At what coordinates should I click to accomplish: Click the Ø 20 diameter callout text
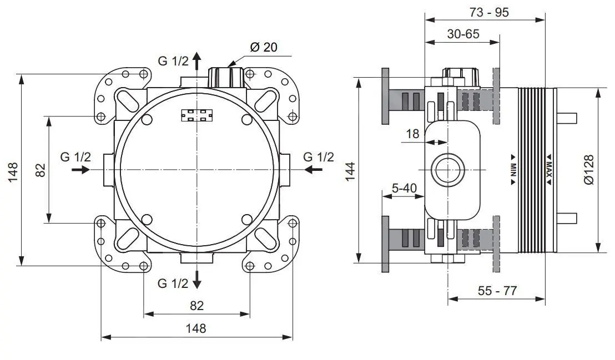click(x=263, y=48)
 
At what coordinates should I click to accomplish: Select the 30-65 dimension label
click(x=463, y=34)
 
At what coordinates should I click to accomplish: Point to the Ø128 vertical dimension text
click(x=589, y=170)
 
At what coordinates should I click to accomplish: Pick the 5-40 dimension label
click(x=404, y=188)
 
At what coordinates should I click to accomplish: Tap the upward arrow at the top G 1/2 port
click(x=197, y=60)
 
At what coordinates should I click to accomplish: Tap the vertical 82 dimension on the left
click(x=41, y=170)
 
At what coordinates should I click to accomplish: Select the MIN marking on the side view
click(x=513, y=170)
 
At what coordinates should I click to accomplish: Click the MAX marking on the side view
click(x=548, y=170)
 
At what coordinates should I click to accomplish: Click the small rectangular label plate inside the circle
click(x=197, y=115)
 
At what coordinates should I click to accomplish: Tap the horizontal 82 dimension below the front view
click(x=196, y=305)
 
